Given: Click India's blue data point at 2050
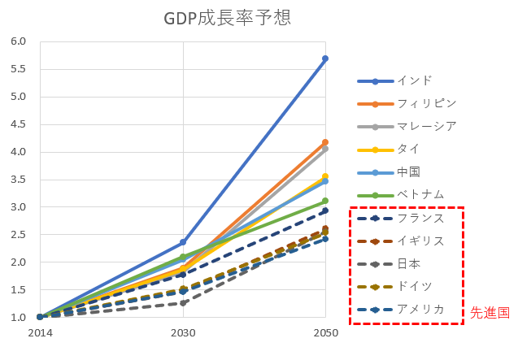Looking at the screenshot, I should click(x=325, y=59).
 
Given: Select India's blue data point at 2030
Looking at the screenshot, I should click(x=183, y=242).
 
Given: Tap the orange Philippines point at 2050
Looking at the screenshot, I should click(x=325, y=142).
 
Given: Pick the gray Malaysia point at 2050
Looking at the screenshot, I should click(x=325, y=149).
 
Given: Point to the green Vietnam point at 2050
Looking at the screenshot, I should click(x=325, y=201).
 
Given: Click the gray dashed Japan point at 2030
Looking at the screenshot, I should click(x=183, y=303).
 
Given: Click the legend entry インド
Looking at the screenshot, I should click(x=414, y=80).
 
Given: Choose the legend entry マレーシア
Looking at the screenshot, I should click(x=427, y=126).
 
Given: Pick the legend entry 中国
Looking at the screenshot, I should click(x=408, y=171).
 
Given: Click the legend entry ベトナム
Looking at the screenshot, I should click(x=420, y=194).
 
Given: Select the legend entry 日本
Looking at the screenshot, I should click(x=408, y=263).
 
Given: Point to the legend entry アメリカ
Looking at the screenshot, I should click(x=420, y=309).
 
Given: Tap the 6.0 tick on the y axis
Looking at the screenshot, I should click(x=19, y=41).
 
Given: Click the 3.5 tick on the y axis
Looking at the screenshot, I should click(x=19, y=180).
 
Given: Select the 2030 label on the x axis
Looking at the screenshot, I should click(x=183, y=333).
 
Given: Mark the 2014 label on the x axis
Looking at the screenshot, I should click(x=39, y=333).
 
